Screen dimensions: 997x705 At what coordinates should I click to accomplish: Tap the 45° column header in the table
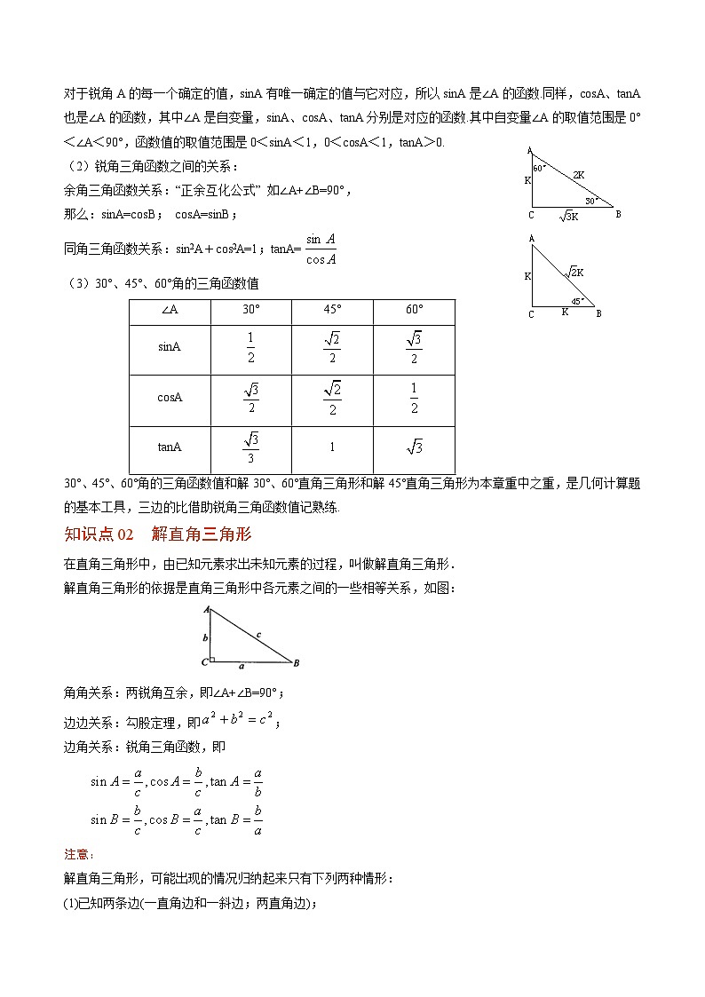tap(332, 310)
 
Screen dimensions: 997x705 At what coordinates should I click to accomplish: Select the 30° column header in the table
tap(251, 310)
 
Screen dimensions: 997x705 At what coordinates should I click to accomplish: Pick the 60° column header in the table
tap(414, 310)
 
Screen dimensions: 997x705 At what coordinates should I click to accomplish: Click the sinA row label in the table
tap(170, 348)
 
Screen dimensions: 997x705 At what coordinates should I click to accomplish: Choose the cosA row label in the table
tap(170, 398)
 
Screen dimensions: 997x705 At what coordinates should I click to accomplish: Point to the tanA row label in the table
tap(170, 447)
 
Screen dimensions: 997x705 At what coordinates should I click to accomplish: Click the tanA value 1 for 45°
tap(332, 447)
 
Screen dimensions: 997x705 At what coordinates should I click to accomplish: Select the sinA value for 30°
tap(251, 348)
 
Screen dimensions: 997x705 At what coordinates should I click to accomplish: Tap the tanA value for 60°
tap(415, 447)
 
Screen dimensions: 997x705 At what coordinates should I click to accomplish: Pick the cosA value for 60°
tap(414, 398)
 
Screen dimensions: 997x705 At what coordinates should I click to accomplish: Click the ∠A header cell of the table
tap(170, 310)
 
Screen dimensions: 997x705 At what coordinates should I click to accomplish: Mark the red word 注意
tap(78, 854)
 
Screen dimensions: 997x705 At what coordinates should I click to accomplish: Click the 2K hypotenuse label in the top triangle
tap(578, 176)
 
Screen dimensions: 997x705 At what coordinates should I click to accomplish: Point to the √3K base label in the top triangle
tap(569, 216)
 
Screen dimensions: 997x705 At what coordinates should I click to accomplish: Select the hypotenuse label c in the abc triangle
tap(257, 634)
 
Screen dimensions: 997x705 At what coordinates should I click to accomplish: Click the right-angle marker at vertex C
tap(212, 660)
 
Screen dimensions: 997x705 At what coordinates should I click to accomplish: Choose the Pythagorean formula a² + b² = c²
tap(240, 721)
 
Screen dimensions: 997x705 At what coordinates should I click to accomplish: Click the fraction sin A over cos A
tap(320, 249)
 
